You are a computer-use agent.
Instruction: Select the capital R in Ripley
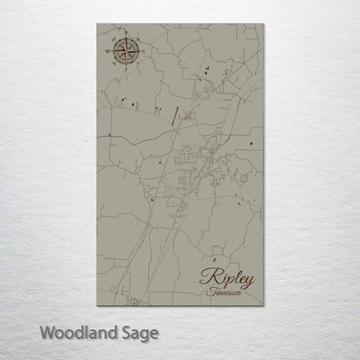[209, 277]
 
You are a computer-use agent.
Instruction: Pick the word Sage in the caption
[128, 333]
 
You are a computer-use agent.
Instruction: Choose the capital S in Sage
[115, 331]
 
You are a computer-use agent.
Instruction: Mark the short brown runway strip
[176, 114]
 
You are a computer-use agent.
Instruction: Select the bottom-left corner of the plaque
[98, 307]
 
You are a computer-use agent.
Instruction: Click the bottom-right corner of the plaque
[262, 307]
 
